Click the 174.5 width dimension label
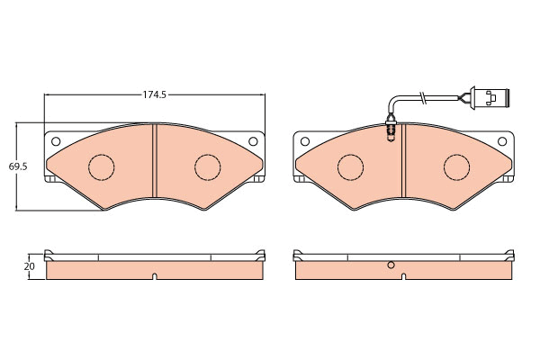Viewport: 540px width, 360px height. tap(155, 94)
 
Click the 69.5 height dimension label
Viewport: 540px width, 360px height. tap(18, 166)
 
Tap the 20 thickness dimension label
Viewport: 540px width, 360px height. tap(30, 266)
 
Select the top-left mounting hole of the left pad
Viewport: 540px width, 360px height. tap(56, 141)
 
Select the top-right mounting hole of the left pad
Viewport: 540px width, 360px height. tap(253, 141)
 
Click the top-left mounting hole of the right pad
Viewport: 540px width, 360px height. tap(305, 141)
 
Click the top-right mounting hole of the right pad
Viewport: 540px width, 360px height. tap(502, 141)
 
